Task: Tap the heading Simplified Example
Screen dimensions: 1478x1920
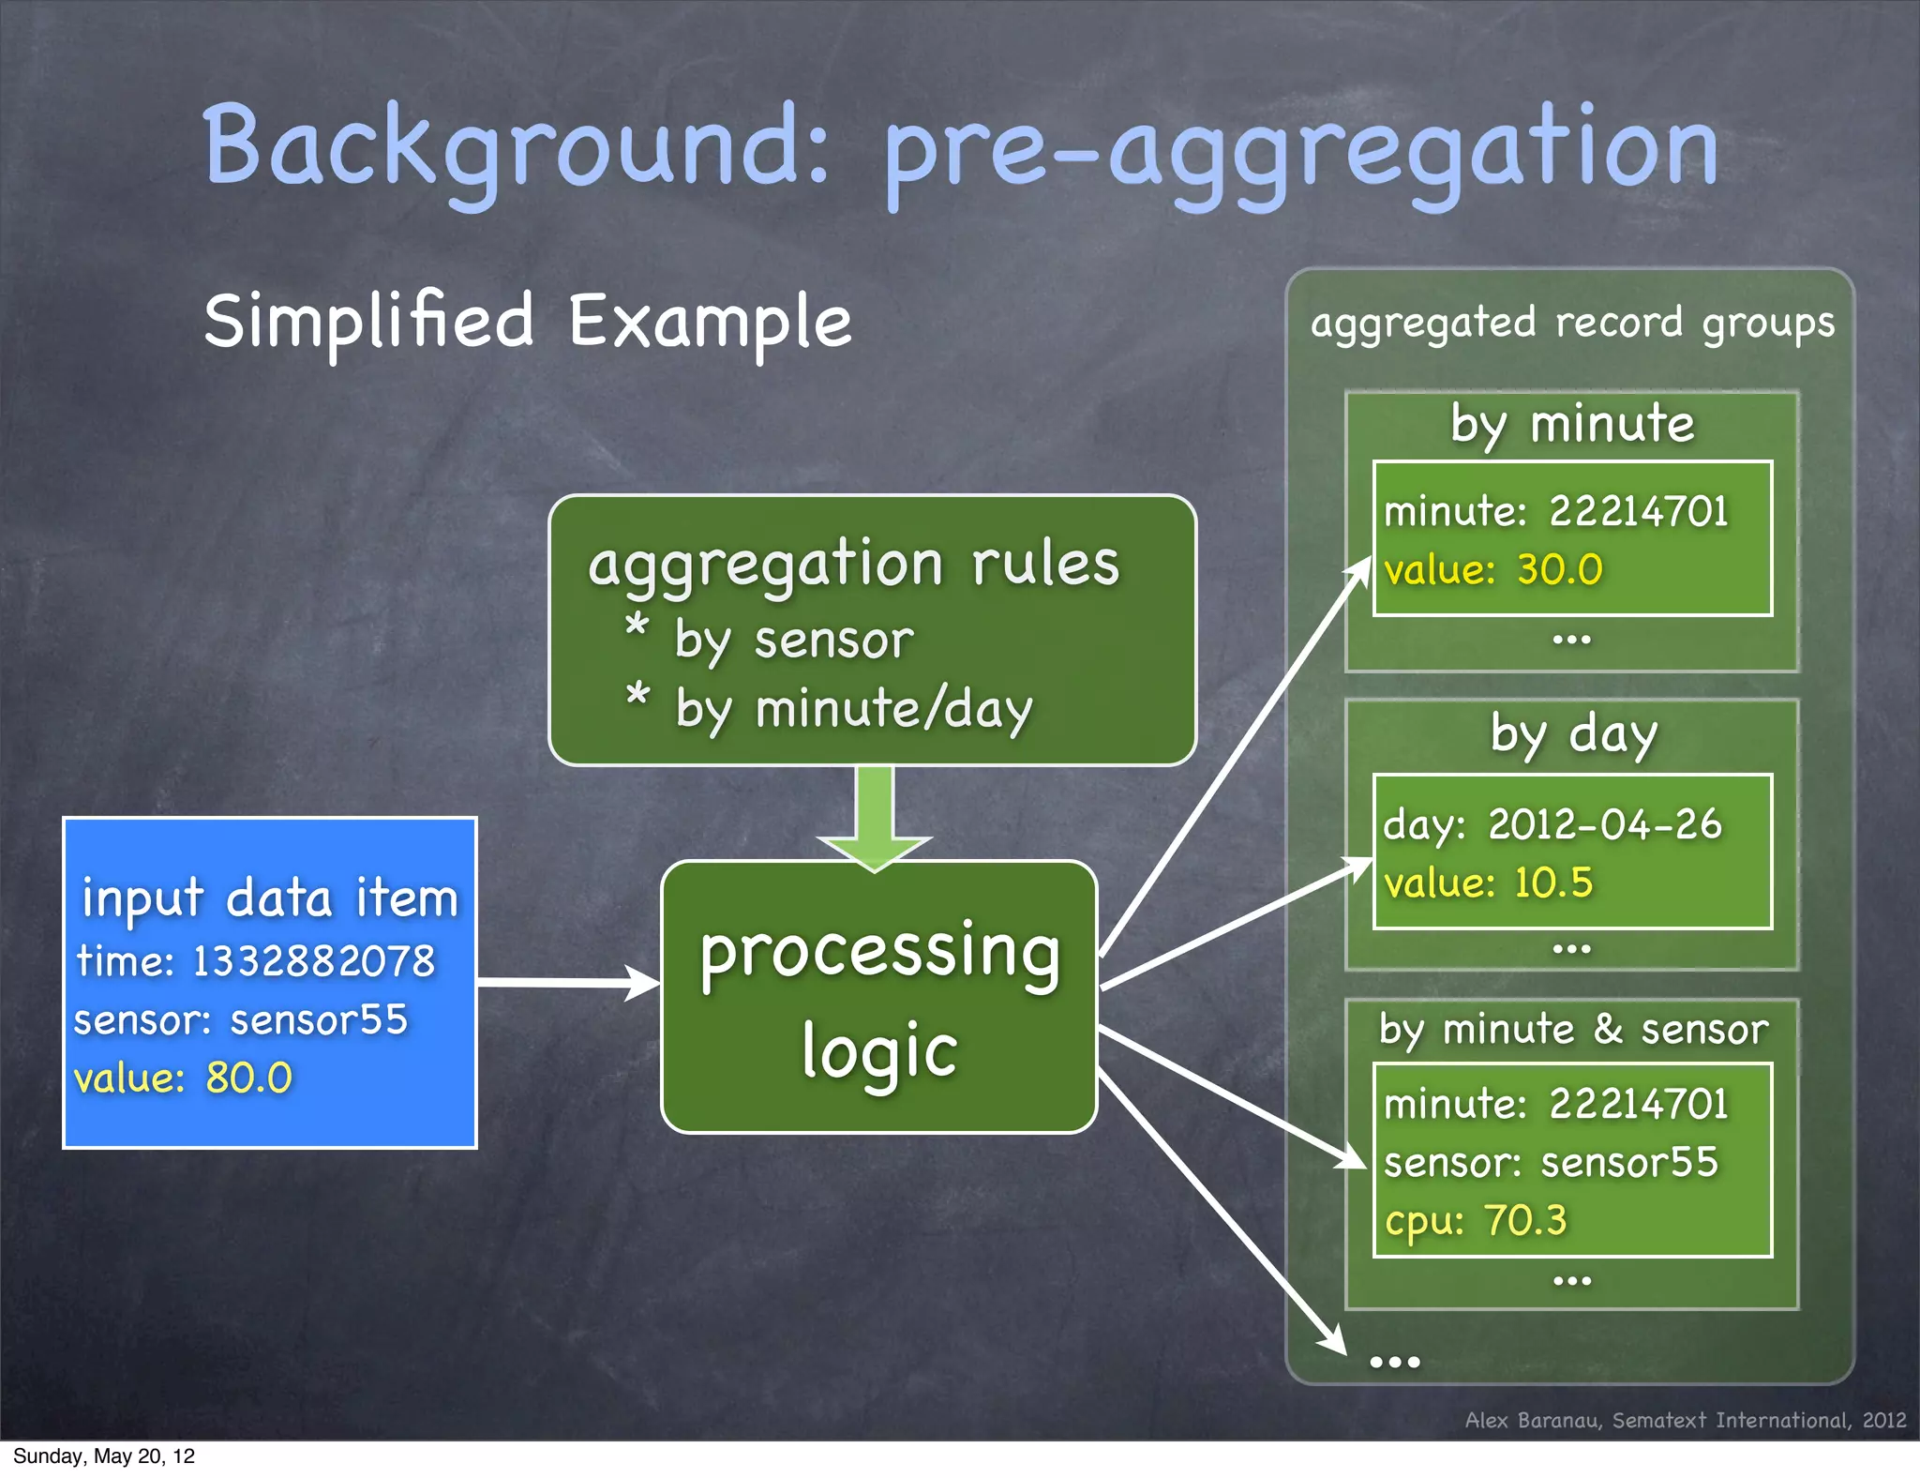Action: (x=527, y=322)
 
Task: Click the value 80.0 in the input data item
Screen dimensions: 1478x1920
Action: (x=248, y=1078)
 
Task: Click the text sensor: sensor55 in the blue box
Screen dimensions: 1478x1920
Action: (x=241, y=1020)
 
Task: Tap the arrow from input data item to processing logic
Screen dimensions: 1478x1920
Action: (x=568, y=983)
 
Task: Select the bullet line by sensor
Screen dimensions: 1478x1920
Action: (x=793, y=641)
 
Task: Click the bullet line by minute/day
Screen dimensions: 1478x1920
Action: (x=853, y=709)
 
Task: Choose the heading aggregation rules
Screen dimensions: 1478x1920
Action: (x=853, y=565)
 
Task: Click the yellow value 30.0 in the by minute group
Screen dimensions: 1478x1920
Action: (x=1559, y=570)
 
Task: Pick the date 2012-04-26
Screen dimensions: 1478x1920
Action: (x=1604, y=824)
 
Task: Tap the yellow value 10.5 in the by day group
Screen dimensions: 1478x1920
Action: (x=1552, y=883)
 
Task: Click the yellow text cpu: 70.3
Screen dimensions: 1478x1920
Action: (x=1476, y=1221)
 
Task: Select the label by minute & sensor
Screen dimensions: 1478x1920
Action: (x=1572, y=1030)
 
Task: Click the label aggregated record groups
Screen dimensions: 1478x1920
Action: (x=1571, y=324)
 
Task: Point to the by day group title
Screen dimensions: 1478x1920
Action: (x=1573, y=733)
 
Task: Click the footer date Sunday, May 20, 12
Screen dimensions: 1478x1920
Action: (x=104, y=1456)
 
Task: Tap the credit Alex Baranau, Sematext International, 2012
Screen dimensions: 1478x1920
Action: (x=1685, y=1420)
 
